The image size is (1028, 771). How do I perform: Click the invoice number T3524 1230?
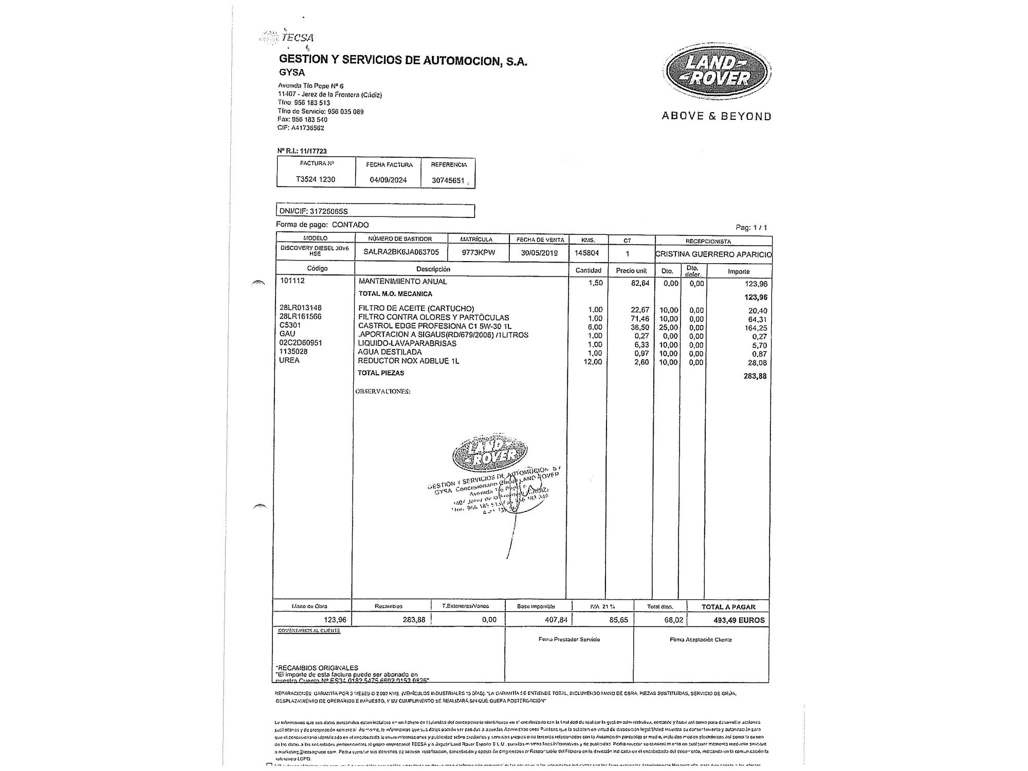(x=316, y=179)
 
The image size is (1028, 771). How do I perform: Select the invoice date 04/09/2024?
(x=388, y=180)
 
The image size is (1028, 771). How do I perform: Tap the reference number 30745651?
(x=448, y=180)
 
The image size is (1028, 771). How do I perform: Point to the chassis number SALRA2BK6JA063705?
(x=401, y=252)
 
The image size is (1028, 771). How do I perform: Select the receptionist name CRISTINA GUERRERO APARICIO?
(x=714, y=254)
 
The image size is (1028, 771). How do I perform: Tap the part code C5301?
(x=290, y=325)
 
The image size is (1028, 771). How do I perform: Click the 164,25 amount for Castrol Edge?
(x=756, y=328)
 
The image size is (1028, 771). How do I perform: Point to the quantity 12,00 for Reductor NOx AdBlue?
(x=595, y=362)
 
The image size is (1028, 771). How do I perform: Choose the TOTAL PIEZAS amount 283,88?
(x=755, y=376)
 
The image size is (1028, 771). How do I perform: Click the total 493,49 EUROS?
(x=739, y=620)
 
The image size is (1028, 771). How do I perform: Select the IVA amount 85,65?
(x=618, y=620)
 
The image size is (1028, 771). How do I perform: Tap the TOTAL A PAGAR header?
(x=728, y=607)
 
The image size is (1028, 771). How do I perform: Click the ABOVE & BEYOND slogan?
(x=717, y=116)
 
